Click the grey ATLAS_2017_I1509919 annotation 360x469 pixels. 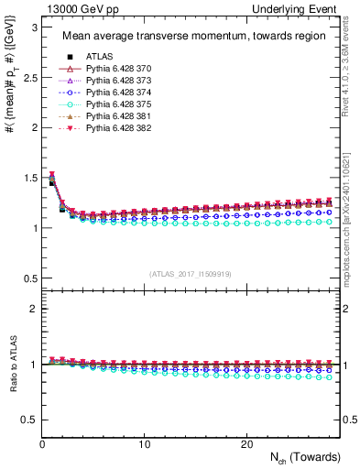click(x=191, y=274)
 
